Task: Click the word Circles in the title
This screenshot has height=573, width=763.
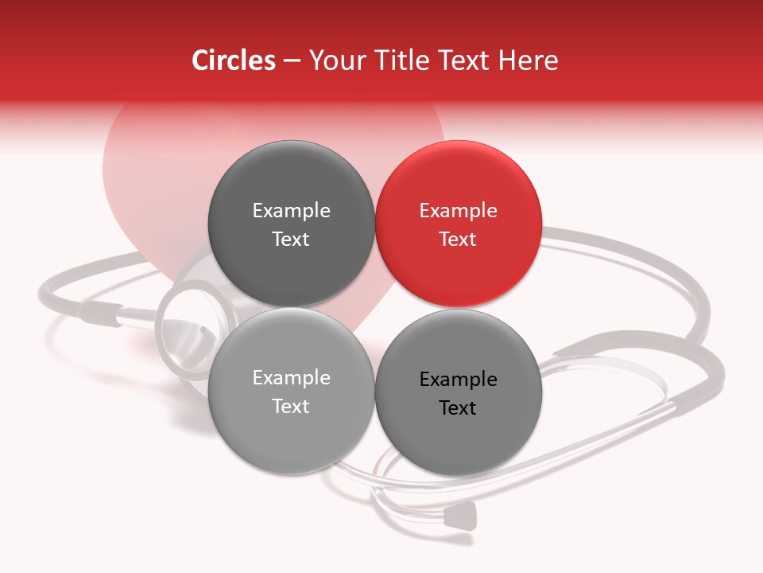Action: (x=233, y=60)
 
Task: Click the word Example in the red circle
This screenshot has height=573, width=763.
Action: (x=459, y=211)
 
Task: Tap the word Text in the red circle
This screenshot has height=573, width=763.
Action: (x=459, y=239)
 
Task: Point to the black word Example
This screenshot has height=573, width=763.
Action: (x=459, y=380)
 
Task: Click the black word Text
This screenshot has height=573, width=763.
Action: (x=459, y=407)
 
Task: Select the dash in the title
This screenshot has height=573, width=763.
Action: (x=291, y=60)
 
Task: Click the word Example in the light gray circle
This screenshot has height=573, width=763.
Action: (x=291, y=378)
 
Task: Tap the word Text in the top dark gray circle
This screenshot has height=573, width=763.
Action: (x=291, y=239)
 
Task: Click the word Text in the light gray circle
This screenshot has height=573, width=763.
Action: (x=291, y=406)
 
